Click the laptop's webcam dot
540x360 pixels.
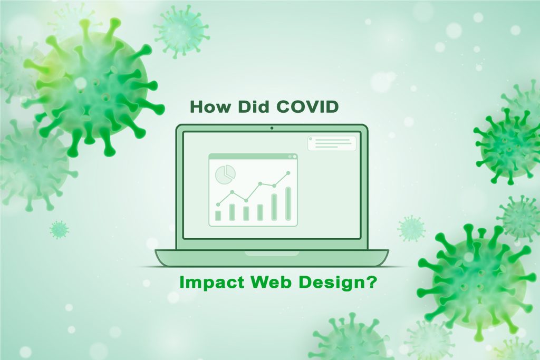click(x=272, y=128)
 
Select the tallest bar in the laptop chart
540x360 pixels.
click(x=288, y=203)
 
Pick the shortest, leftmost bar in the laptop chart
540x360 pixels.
click(x=218, y=215)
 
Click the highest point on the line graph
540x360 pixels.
click(x=288, y=172)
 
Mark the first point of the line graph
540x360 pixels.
click(x=218, y=204)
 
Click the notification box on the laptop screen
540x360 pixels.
click(x=332, y=143)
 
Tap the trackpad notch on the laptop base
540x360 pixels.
click(x=271, y=253)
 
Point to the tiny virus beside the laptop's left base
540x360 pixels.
click(x=59, y=229)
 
